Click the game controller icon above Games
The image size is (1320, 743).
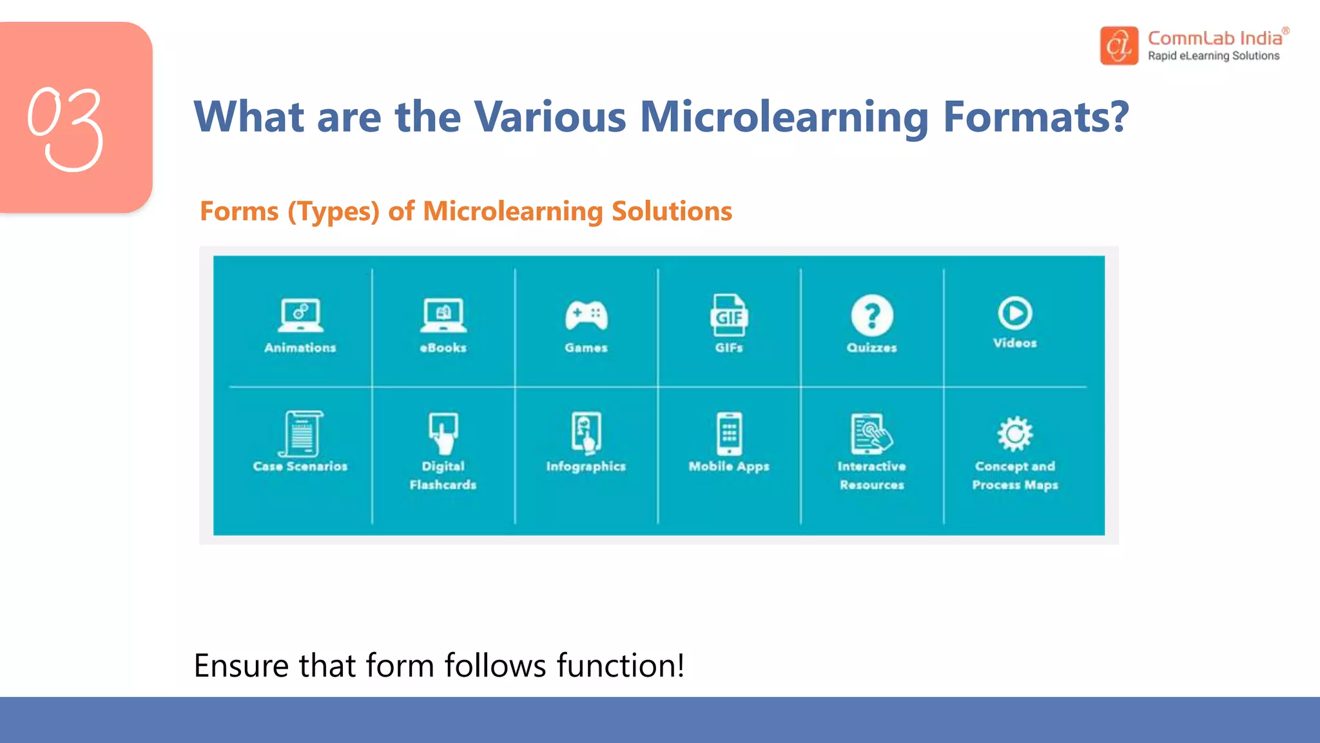click(586, 315)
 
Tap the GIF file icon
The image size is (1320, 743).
click(729, 315)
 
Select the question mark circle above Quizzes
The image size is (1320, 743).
click(872, 315)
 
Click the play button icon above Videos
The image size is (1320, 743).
click(1015, 313)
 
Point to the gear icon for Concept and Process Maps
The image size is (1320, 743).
click(1015, 433)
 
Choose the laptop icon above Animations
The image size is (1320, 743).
click(300, 315)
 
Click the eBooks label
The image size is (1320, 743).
click(443, 348)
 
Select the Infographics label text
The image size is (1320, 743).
click(586, 466)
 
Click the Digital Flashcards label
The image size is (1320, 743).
click(443, 475)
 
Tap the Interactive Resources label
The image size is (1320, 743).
click(872, 475)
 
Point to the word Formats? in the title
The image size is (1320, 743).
click(1036, 117)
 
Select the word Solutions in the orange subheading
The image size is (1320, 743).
click(672, 212)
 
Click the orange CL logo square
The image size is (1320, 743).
click(1119, 46)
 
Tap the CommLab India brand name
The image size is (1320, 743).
click(1214, 39)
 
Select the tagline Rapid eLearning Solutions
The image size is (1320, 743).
click(1214, 56)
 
